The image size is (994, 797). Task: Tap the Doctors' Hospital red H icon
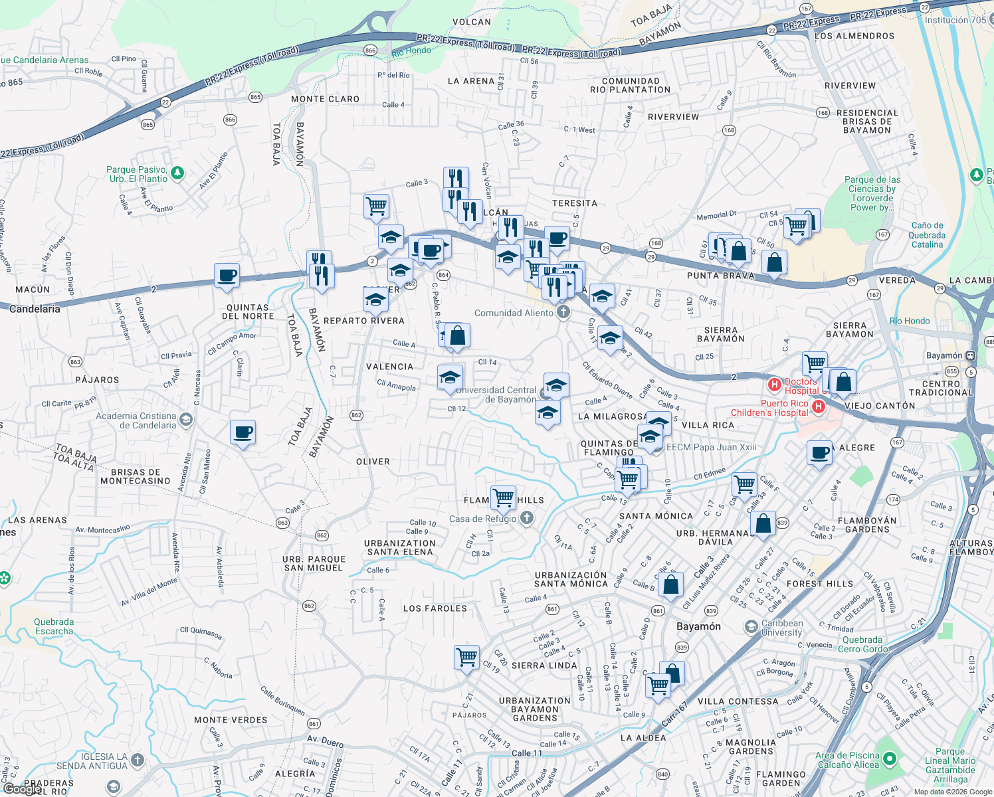pyautogui.click(x=774, y=385)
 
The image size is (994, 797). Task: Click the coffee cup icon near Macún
pyautogui.click(x=227, y=275)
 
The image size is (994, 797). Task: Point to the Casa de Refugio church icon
pyautogui.click(x=527, y=518)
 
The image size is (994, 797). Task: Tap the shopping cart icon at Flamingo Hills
pyautogui.click(x=503, y=497)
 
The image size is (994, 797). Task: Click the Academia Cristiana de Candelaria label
pyautogui.click(x=136, y=420)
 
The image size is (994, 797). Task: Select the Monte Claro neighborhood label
pyautogui.click(x=325, y=99)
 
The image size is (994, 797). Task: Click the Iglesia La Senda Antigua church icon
pyautogui.click(x=137, y=760)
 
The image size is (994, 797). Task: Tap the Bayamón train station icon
pyautogui.click(x=971, y=355)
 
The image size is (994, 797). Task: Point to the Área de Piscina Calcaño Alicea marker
pyautogui.click(x=890, y=758)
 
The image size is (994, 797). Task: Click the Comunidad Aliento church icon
pyautogui.click(x=563, y=312)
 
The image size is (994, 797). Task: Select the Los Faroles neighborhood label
pyautogui.click(x=435, y=608)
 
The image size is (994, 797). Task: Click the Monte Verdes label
pyautogui.click(x=231, y=720)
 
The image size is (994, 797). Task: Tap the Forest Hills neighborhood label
pyautogui.click(x=819, y=584)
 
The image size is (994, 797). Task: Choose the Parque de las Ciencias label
pyautogui.click(x=872, y=193)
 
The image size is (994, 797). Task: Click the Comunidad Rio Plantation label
pyautogui.click(x=631, y=85)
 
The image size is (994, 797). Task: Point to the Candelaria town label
pyautogui.click(x=35, y=309)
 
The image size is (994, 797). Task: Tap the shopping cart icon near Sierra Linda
pyautogui.click(x=467, y=657)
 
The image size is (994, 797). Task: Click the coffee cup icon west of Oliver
pyautogui.click(x=243, y=432)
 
